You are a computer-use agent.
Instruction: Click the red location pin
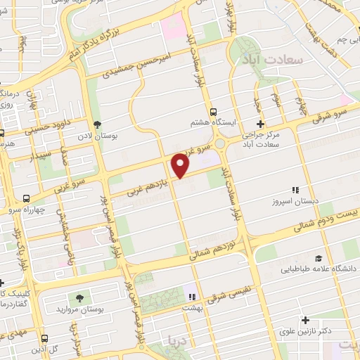pos(181,165)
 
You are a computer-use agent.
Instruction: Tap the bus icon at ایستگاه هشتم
pos(212,111)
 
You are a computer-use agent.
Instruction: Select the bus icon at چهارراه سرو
pos(26,198)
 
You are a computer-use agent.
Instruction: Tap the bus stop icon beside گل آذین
pos(44,337)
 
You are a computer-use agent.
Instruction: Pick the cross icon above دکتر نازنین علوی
pos(305,321)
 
